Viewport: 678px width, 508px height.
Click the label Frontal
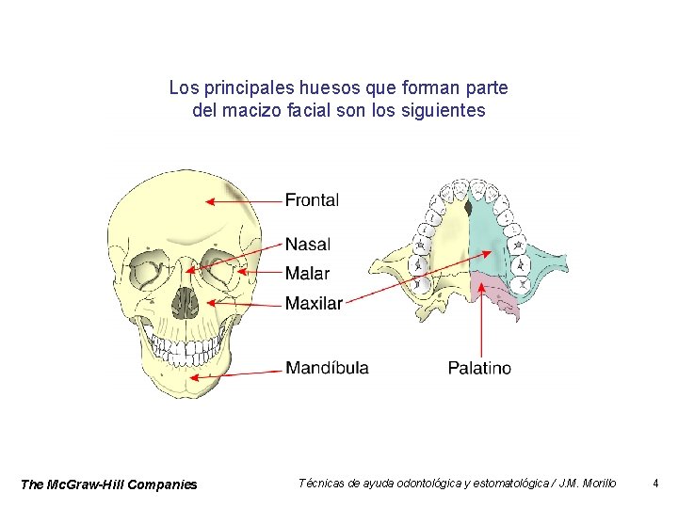coord(312,199)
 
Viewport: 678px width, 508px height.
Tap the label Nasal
coord(308,245)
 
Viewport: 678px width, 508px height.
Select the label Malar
coord(307,274)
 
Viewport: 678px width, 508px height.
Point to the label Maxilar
coord(314,303)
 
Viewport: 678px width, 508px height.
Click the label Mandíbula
coord(327,368)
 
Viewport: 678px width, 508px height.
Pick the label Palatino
coord(479,368)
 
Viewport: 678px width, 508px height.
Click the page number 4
coord(655,484)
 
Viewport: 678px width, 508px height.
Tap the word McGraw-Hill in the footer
coord(89,484)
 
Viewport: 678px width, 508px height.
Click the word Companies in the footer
coord(165,484)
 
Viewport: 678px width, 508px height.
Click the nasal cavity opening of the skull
coord(186,303)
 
